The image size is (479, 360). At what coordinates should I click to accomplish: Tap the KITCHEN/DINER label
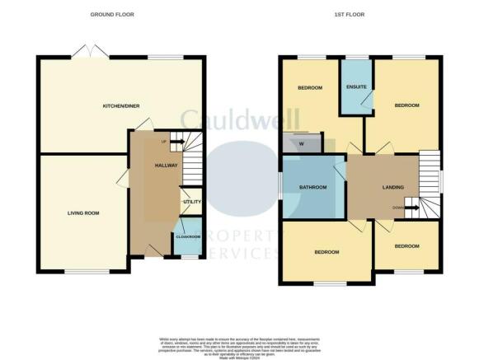tap(120, 106)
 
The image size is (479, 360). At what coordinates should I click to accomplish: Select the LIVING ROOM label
tap(83, 213)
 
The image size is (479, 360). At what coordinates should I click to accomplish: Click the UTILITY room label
tap(191, 202)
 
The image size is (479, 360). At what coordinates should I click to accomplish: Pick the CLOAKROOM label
tap(188, 236)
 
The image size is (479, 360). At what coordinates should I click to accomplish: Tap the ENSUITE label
tap(356, 86)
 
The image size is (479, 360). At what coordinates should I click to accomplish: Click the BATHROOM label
tap(313, 187)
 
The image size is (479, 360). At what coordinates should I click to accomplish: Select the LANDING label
tap(393, 187)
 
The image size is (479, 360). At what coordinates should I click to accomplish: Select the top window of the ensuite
tap(356, 57)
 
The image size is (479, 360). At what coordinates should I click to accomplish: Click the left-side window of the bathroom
tap(280, 187)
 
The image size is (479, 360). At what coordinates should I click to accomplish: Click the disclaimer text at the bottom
tap(239, 344)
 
